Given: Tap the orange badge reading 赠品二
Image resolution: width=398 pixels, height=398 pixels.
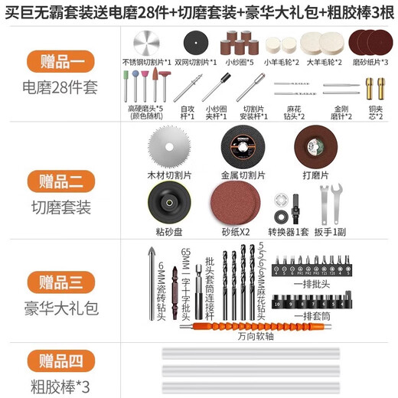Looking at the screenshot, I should point(60,181).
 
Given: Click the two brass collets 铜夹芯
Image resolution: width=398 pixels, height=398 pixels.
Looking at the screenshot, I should point(374,89).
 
